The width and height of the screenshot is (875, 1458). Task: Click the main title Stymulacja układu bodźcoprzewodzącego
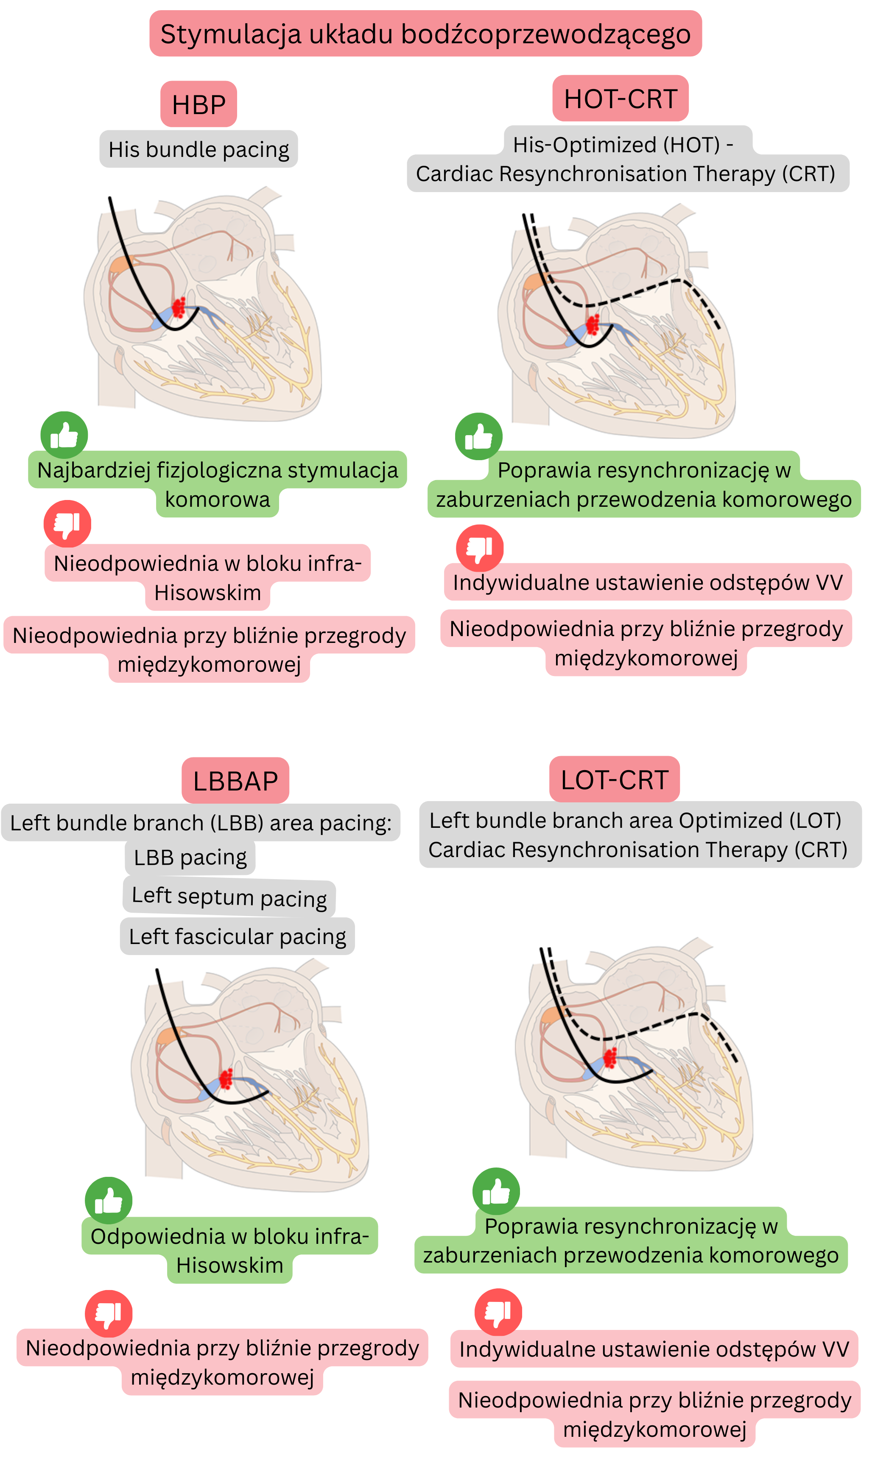click(425, 34)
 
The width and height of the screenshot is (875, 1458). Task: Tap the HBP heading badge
click(198, 104)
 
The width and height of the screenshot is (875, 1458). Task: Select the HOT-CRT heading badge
click(620, 98)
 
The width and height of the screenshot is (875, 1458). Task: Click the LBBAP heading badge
click(235, 781)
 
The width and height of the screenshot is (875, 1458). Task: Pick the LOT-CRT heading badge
click(615, 779)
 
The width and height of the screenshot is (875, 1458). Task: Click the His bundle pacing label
click(198, 149)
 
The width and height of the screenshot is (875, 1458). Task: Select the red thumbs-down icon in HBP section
click(67, 524)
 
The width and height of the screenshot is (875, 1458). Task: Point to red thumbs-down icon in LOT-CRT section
click(498, 1312)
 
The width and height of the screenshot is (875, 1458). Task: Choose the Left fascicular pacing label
click(237, 936)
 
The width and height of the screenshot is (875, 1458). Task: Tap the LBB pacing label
click(190, 857)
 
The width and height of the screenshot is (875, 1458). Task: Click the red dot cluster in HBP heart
click(179, 307)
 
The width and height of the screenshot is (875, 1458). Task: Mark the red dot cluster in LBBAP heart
click(225, 1078)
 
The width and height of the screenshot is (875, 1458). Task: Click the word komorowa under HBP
click(217, 500)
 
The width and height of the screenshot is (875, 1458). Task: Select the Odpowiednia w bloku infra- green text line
click(229, 1236)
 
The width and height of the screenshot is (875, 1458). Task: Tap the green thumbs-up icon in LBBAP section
click(109, 1200)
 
